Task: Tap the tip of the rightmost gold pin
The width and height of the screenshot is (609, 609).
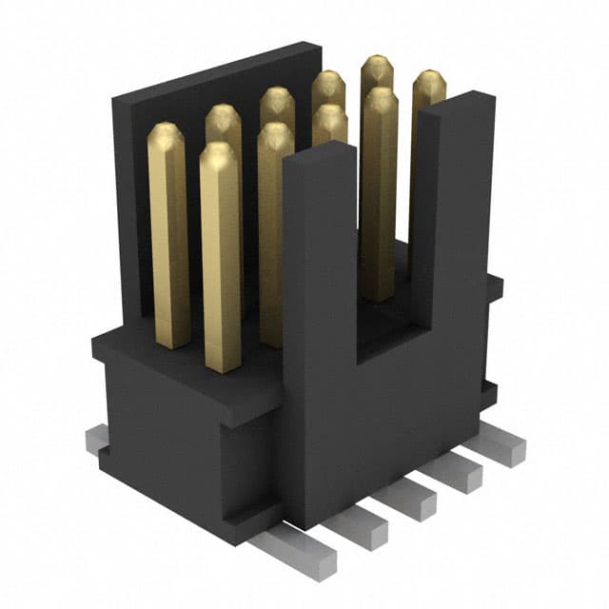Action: tap(429, 81)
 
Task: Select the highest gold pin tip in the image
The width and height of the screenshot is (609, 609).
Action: tap(377, 65)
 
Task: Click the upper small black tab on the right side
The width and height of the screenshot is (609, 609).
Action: tap(494, 285)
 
